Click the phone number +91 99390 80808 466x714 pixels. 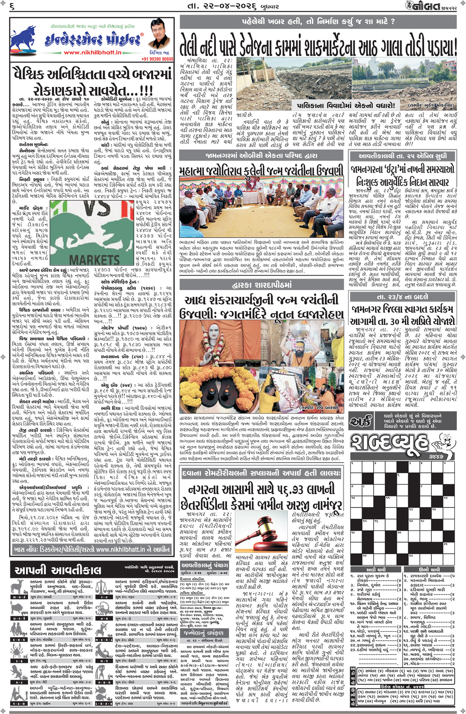(x=157, y=59)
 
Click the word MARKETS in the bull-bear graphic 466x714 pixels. (x=94, y=259)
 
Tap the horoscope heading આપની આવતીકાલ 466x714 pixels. (x=58, y=570)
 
